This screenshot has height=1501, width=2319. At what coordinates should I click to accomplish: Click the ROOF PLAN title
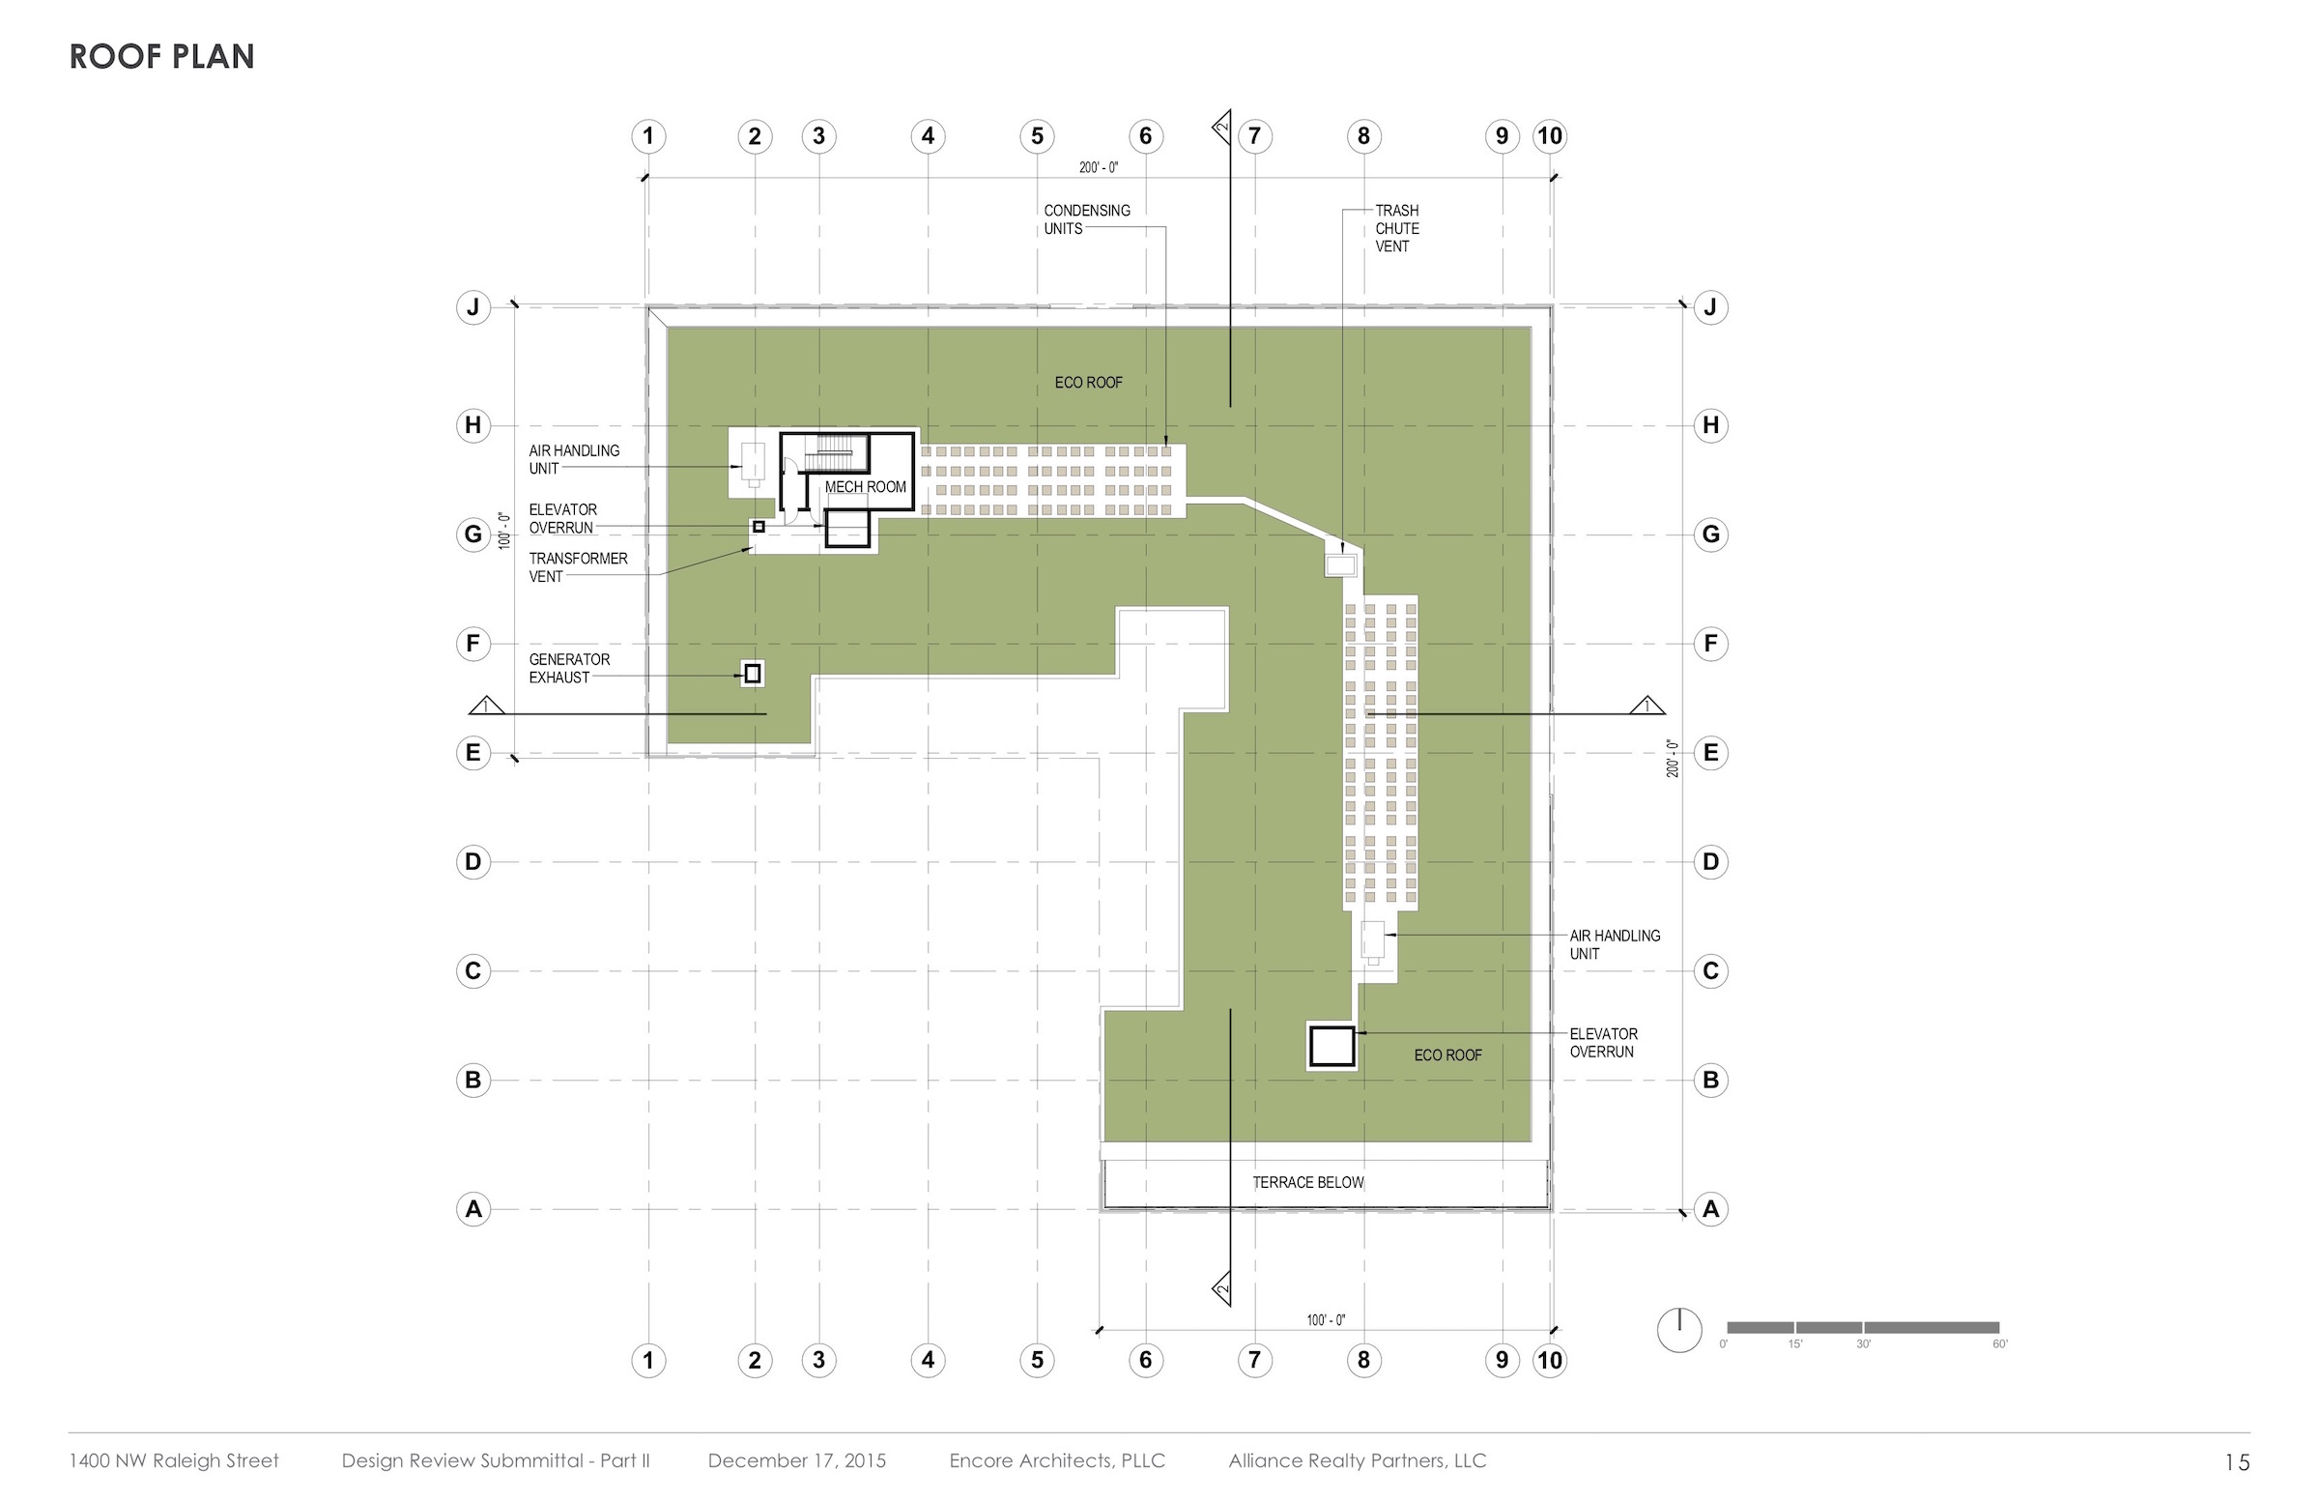pyautogui.click(x=161, y=56)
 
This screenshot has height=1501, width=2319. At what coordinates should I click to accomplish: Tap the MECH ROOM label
pyautogui.click(x=865, y=486)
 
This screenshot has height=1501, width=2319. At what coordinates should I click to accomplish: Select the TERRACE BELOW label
pyautogui.click(x=1307, y=1182)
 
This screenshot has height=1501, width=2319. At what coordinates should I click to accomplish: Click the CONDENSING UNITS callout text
pyautogui.click(x=1086, y=219)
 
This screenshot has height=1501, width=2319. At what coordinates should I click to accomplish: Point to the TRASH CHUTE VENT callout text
pyautogui.click(x=1396, y=228)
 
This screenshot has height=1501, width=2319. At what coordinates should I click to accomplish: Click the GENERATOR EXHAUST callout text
pyautogui.click(x=569, y=669)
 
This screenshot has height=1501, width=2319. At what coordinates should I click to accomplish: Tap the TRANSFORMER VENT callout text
pyautogui.click(x=578, y=567)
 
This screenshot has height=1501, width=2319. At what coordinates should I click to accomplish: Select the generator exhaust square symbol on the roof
pyautogui.click(x=752, y=674)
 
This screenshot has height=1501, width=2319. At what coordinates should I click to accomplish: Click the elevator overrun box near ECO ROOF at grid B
pyautogui.click(x=1331, y=1047)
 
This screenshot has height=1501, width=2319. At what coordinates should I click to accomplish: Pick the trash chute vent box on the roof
pyautogui.click(x=1341, y=564)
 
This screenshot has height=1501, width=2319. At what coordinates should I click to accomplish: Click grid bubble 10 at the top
pyautogui.click(x=1549, y=135)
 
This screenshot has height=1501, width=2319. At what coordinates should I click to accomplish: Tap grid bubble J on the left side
pyautogui.click(x=473, y=307)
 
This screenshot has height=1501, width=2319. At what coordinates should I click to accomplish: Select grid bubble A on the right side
pyautogui.click(x=1710, y=1208)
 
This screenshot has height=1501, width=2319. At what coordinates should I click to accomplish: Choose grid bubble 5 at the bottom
pyautogui.click(x=1037, y=1360)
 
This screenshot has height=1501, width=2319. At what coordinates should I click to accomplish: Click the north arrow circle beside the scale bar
pyautogui.click(x=1679, y=1330)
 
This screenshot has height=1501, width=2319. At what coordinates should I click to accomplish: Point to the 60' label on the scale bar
pyautogui.click(x=2000, y=1344)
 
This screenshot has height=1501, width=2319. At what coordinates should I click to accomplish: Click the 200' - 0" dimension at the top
pyautogui.click(x=1099, y=167)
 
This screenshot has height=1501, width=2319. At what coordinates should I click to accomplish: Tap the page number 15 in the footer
pyautogui.click(x=2237, y=1462)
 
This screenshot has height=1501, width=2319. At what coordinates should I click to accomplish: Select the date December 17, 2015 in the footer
pyautogui.click(x=797, y=1460)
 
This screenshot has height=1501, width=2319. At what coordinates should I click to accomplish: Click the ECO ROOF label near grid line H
pyautogui.click(x=1088, y=383)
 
